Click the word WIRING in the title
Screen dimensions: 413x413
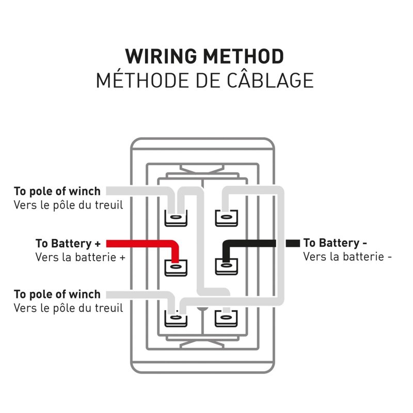(161, 56)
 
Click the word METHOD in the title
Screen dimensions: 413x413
(243, 56)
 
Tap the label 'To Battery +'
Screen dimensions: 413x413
(68, 243)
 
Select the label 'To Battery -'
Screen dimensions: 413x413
(335, 243)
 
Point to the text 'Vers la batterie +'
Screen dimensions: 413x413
(80, 257)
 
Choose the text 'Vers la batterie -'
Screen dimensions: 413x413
(347, 257)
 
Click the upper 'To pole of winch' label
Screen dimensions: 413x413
(57, 191)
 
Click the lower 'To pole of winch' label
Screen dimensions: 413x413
(57, 294)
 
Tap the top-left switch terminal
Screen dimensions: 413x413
(176, 218)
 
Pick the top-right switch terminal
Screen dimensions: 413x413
(226, 218)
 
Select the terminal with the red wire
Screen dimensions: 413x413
(176, 267)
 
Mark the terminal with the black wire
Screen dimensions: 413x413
(226, 266)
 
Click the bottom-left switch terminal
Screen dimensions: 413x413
(176, 318)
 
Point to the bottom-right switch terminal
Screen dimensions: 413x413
(226, 318)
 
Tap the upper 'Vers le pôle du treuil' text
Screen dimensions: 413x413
(68, 205)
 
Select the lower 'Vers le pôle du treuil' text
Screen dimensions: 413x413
(68, 308)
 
